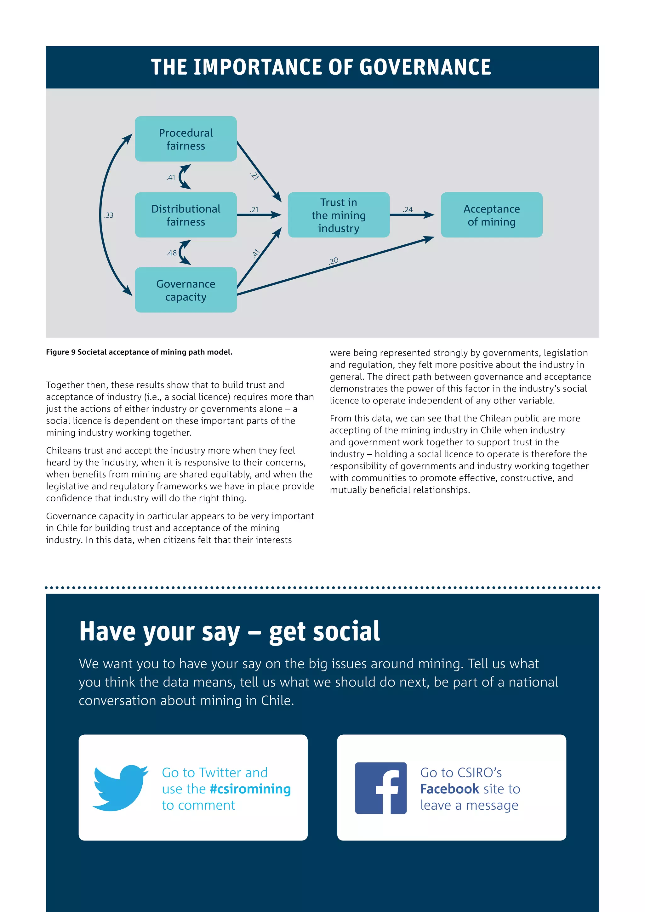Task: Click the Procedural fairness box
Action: click(x=186, y=139)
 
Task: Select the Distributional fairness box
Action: click(x=186, y=215)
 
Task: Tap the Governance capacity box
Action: click(x=186, y=290)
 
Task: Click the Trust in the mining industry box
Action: click(x=338, y=215)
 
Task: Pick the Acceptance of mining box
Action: click(x=491, y=215)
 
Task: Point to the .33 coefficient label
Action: click(x=109, y=215)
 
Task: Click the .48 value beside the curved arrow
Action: click(x=172, y=253)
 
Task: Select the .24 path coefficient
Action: click(x=408, y=209)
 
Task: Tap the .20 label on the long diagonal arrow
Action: click(x=334, y=260)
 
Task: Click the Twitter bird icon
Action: click(x=120, y=788)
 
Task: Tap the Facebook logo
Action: click(x=380, y=788)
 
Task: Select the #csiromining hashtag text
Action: click(x=250, y=789)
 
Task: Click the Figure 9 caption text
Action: click(x=139, y=352)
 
